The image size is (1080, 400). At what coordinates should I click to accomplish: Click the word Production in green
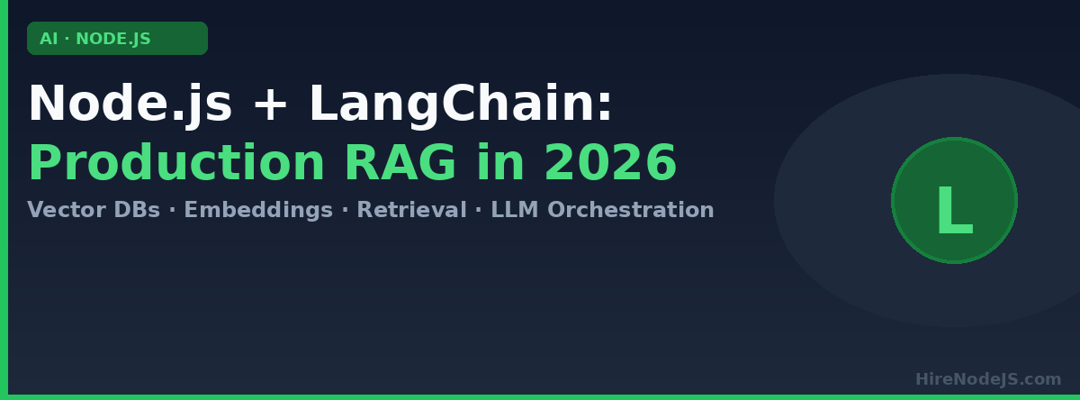click(176, 162)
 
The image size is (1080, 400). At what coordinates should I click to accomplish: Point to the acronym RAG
click(400, 162)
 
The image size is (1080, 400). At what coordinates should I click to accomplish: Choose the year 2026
click(611, 162)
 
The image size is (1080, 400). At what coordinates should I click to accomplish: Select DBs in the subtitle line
click(137, 210)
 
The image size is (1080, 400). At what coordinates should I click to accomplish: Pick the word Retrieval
click(411, 210)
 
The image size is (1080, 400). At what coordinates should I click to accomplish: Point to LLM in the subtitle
click(515, 210)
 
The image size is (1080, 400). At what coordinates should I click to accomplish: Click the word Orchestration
click(631, 210)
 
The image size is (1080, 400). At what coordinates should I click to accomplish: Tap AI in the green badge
click(49, 39)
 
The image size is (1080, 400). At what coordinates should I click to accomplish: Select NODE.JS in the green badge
click(113, 39)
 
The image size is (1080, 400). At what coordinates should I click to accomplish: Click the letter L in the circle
click(955, 211)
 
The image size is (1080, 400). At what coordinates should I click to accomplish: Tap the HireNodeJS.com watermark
click(988, 379)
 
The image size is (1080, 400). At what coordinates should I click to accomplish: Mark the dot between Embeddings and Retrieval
click(345, 210)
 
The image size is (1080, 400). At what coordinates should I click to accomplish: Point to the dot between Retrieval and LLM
click(478, 210)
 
